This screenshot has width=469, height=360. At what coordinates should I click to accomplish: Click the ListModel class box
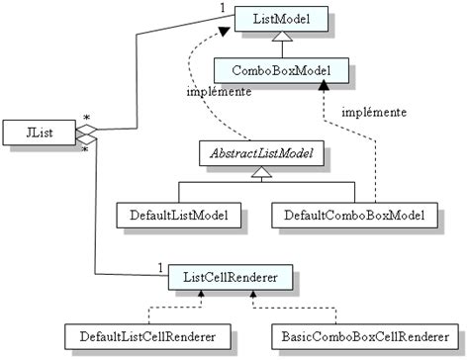tap(279, 20)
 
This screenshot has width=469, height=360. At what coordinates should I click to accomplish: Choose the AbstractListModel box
tap(261, 153)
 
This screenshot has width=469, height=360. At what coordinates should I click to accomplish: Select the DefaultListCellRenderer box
tap(141, 334)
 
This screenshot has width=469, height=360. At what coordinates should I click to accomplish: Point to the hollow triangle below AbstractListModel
tap(261, 174)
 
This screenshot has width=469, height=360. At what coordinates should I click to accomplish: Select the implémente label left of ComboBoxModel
tap(217, 93)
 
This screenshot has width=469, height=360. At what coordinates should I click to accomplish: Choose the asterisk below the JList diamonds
tap(83, 151)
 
